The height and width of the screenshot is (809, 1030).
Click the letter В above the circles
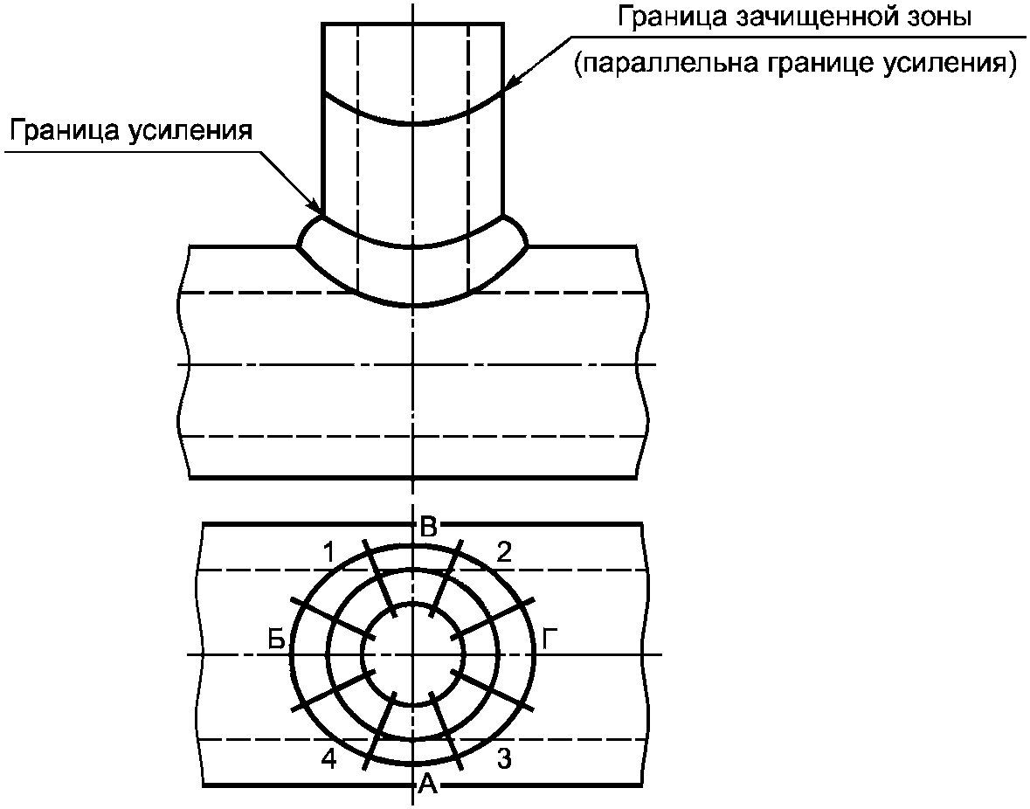click(428, 528)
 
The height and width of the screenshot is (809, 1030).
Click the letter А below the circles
click(427, 783)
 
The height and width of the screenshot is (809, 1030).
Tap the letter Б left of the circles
click(277, 639)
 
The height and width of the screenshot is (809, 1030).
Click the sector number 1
click(329, 552)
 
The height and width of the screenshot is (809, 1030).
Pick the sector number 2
click(504, 552)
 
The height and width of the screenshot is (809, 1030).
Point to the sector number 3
click(504, 759)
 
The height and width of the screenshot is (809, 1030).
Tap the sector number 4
click(329, 759)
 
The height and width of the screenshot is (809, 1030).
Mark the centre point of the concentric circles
click(413, 654)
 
